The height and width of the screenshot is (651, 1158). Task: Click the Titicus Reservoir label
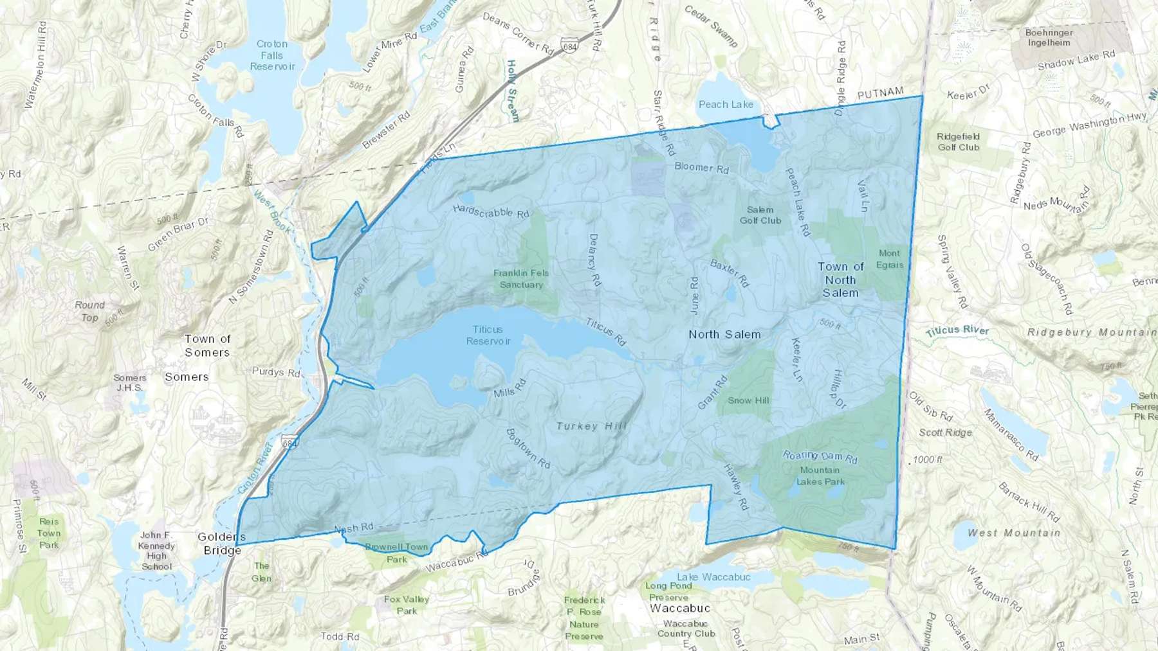pyautogui.click(x=488, y=335)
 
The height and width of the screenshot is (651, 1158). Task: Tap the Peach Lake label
pyautogui.click(x=726, y=104)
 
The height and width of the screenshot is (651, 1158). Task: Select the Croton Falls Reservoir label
pyautogui.click(x=272, y=55)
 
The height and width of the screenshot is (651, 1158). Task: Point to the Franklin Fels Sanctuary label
pyautogui.click(x=521, y=278)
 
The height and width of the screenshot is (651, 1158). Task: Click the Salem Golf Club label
pyautogui.click(x=760, y=215)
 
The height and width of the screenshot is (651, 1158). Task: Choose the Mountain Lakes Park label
pyautogui.click(x=820, y=476)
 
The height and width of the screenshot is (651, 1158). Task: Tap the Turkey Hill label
pyautogui.click(x=591, y=425)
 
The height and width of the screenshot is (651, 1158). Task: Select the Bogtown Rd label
pyautogui.click(x=528, y=448)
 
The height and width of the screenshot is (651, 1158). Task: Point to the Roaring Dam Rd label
pyautogui.click(x=820, y=456)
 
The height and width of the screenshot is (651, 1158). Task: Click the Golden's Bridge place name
pyautogui.click(x=222, y=543)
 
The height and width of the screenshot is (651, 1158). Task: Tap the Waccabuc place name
pyautogui.click(x=680, y=608)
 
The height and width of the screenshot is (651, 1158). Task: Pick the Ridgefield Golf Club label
pyautogui.click(x=959, y=141)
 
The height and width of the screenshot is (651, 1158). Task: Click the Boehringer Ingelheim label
pyautogui.click(x=1049, y=37)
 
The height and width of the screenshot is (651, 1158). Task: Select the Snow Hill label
pyautogui.click(x=748, y=400)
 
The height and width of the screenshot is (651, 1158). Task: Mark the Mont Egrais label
pyautogui.click(x=890, y=258)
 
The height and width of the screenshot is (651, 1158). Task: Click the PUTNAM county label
pyautogui.click(x=880, y=94)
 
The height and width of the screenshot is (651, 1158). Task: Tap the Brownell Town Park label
pyautogui.click(x=397, y=553)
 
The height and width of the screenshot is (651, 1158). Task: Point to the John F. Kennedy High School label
pyautogui.click(x=156, y=551)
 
